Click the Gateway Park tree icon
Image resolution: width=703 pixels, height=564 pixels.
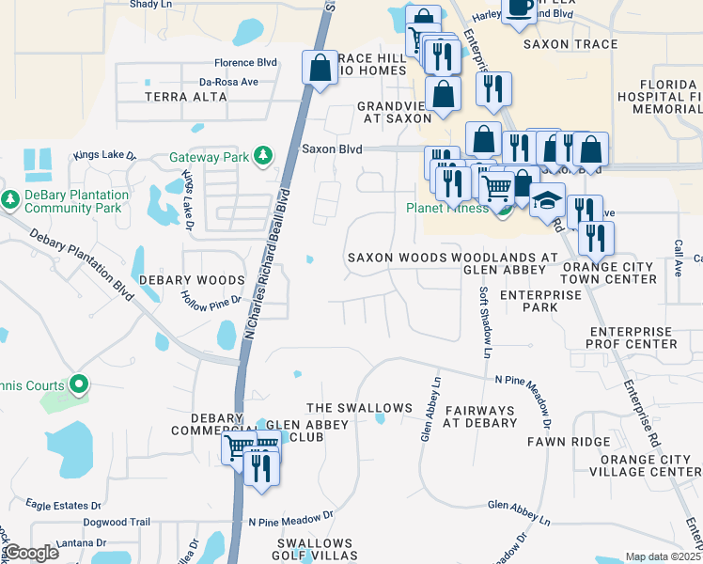coord(265,156)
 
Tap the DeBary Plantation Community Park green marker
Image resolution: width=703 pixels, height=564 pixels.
coord(10,199)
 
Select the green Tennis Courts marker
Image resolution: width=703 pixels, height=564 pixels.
coord(79,384)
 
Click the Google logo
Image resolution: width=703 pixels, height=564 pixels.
coord(31,554)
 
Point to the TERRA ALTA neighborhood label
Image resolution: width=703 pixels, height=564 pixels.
coord(185,97)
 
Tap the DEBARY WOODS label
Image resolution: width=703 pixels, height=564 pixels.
coord(192,280)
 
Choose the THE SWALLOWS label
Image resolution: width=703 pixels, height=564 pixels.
coord(360,408)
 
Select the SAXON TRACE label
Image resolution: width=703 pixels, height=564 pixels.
coord(570,44)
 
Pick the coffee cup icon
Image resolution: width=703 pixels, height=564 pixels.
coord(518,7)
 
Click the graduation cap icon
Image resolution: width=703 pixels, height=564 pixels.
coord(547,201)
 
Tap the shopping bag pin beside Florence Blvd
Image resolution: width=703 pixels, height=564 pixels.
coord(320,68)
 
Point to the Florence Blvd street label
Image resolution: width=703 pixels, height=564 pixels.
coord(245,63)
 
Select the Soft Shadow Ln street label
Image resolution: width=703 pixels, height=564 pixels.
coord(486,322)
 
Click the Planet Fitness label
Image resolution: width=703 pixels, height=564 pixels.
coord(446,209)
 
